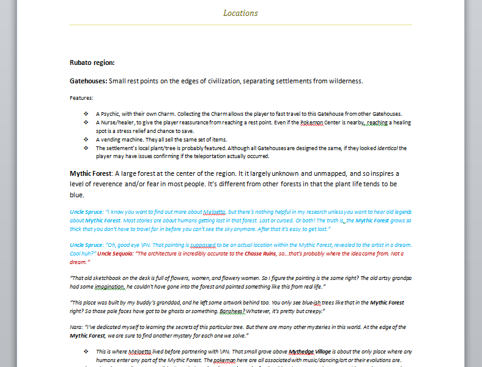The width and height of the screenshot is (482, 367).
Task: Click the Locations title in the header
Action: tap(240, 13)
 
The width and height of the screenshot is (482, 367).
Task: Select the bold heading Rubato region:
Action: tap(92, 62)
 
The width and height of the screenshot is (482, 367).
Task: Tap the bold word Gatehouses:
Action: tap(89, 81)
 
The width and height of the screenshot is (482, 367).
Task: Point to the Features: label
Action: tap(81, 97)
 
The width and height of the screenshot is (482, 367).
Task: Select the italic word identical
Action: tap(378, 148)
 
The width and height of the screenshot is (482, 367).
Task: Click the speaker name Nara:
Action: tap(78, 328)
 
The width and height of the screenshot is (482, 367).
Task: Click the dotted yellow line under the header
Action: tap(240, 25)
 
